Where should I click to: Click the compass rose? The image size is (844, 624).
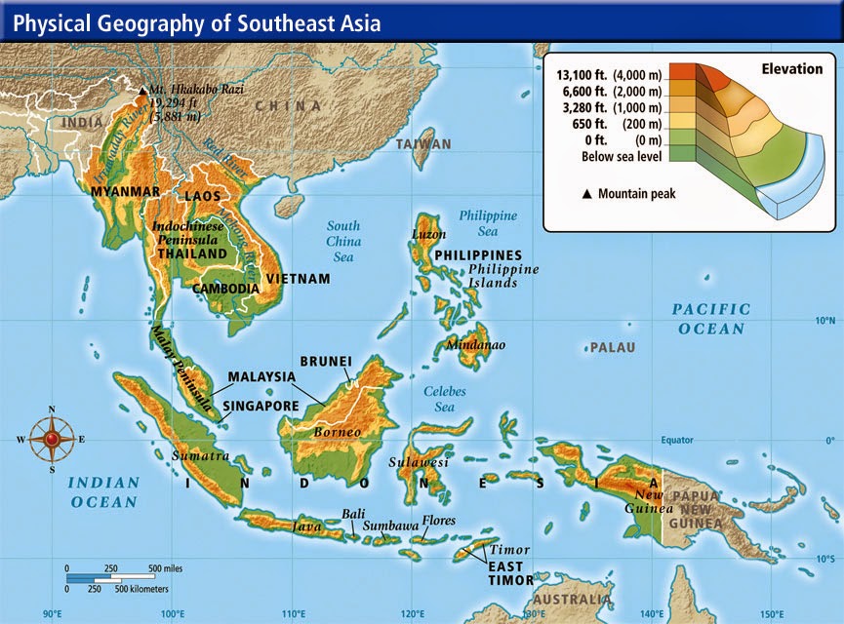click(51, 439)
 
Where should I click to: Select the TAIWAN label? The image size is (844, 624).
click(423, 144)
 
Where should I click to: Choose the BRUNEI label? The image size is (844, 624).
click(325, 360)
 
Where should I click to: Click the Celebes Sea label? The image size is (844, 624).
click(445, 399)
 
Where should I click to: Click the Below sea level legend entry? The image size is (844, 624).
click(622, 156)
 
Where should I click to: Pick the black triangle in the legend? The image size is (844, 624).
click(586, 194)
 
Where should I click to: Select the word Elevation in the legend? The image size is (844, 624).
click(791, 69)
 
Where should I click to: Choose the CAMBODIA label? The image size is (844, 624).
click(225, 289)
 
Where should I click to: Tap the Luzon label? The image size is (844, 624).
click(429, 235)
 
